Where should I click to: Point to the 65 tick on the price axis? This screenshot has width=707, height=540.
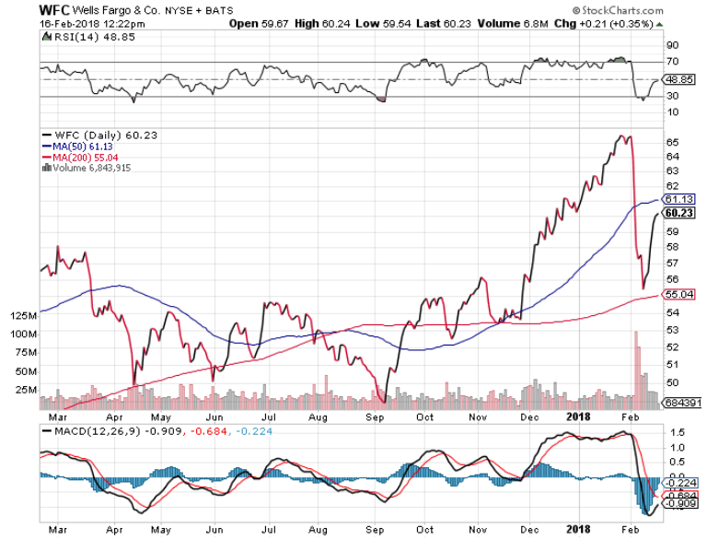point(673,142)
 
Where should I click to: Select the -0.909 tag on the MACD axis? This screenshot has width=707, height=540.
point(681,503)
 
